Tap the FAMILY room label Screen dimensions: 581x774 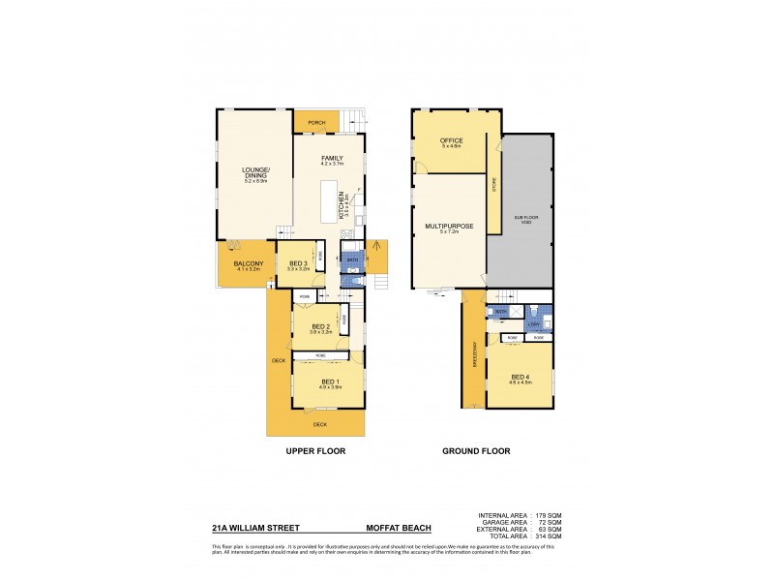pos(333,157)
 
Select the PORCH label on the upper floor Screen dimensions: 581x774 pos(316,123)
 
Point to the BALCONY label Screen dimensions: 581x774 pos(243,263)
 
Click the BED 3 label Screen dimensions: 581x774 pos(299,263)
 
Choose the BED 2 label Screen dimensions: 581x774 pos(319,326)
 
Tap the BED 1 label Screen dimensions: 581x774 pos(330,382)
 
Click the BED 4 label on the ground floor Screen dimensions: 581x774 pos(521,377)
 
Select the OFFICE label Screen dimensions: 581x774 pos(453,140)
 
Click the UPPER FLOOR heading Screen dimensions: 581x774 pos(315,451)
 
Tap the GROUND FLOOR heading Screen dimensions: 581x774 pos(476,451)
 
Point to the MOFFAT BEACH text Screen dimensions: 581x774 pos(398,529)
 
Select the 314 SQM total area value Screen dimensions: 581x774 pos(548,535)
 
